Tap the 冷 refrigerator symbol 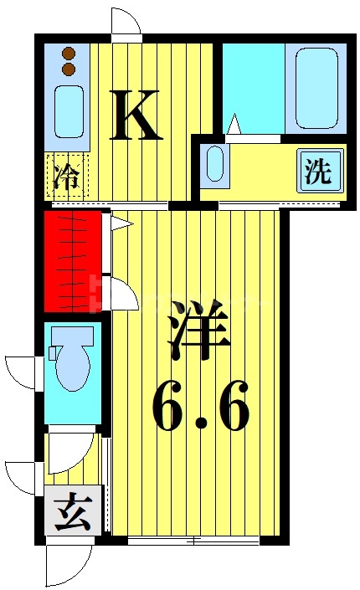tap(64, 177)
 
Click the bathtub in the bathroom tap(313, 89)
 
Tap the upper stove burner tap(69, 54)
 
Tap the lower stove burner tap(69, 69)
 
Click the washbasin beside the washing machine tap(215, 164)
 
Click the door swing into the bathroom tap(234, 126)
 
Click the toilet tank tap(53, 353)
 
